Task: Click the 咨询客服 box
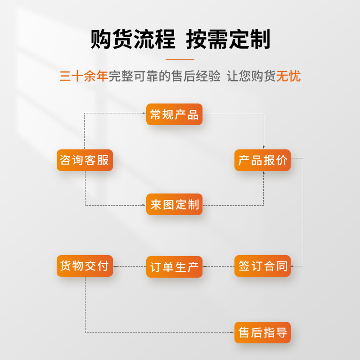(x=85, y=160)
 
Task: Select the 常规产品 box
(x=174, y=114)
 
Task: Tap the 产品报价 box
(x=262, y=160)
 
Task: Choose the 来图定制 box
(x=174, y=204)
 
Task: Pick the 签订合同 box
(x=262, y=266)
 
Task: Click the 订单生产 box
(x=174, y=267)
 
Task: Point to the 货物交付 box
(x=85, y=266)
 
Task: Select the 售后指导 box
(x=262, y=333)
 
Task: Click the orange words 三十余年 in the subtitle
(x=84, y=76)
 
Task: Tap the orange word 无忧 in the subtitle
(x=288, y=76)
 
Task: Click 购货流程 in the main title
(x=133, y=39)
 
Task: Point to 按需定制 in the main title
(x=228, y=39)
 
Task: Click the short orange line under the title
(x=180, y=59)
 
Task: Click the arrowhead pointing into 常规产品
(x=144, y=113)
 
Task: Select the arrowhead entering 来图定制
(x=144, y=205)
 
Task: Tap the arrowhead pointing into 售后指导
(x=232, y=332)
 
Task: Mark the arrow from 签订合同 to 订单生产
(x=219, y=266)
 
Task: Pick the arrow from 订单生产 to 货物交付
(x=130, y=266)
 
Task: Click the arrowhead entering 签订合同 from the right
(x=292, y=266)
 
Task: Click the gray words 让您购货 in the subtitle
(x=251, y=76)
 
